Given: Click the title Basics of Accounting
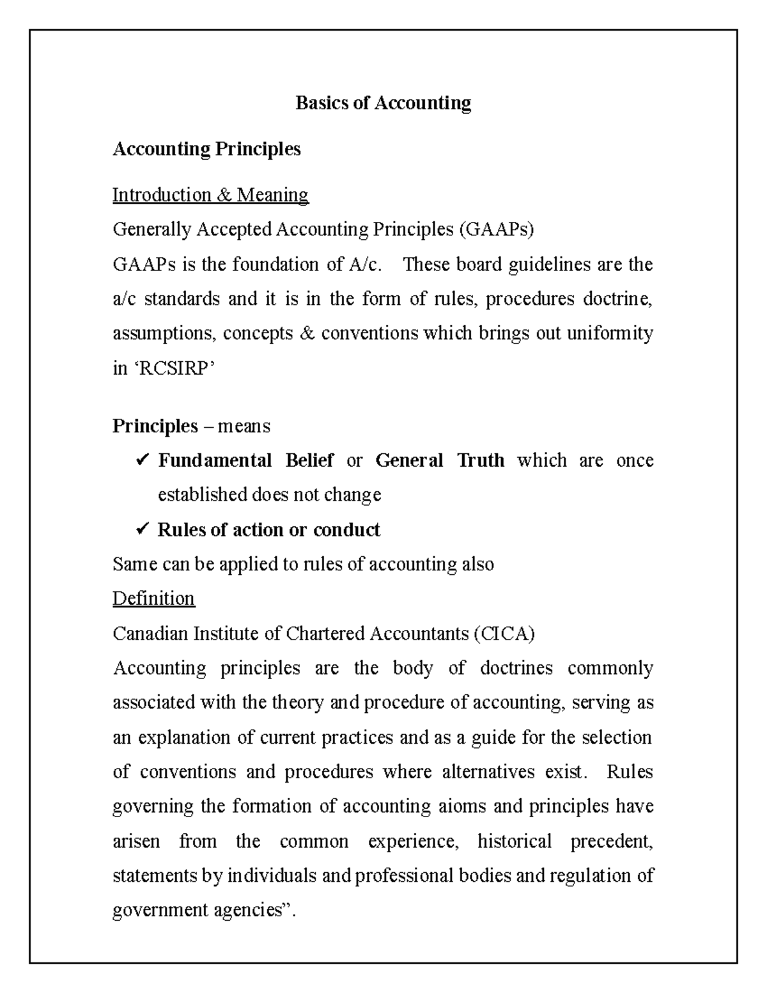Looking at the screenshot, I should point(383,103).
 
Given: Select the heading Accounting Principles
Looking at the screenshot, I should point(206,149).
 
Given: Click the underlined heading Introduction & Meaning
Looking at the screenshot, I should point(210,194).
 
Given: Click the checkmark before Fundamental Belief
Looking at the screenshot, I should point(143,460).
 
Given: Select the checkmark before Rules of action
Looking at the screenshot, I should point(143,529).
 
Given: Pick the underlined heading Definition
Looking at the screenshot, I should point(153,598).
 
